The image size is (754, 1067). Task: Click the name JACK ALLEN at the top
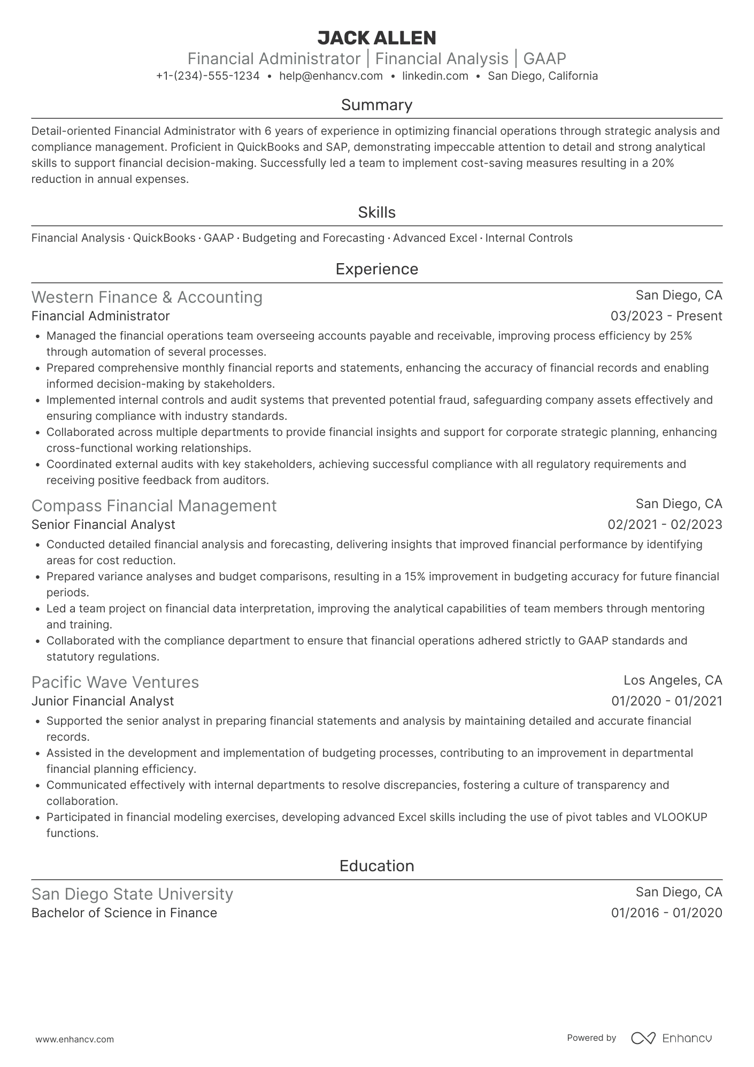[x=376, y=37]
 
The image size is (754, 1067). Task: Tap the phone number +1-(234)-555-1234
[x=207, y=76]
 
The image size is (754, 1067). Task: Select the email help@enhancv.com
[x=331, y=76]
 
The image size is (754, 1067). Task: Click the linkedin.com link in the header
[x=435, y=76]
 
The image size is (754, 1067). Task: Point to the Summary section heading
[x=376, y=105]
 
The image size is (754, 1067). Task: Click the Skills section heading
[x=376, y=212]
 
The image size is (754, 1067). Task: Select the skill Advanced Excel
[x=435, y=238]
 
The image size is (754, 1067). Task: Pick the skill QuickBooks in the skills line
[x=164, y=238]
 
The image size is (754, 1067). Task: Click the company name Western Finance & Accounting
[x=147, y=297]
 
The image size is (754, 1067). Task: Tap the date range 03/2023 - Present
[x=666, y=316]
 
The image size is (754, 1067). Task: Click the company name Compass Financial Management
[x=154, y=505]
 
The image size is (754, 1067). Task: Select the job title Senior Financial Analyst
[x=103, y=525]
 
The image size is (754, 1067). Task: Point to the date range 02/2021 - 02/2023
[x=665, y=525]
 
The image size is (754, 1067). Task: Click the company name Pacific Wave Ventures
[x=115, y=682]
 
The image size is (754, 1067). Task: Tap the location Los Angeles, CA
[x=673, y=680]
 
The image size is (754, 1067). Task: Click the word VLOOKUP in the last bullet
[x=680, y=817]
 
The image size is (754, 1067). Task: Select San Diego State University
[x=132, y=894]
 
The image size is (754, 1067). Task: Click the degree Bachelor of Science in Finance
[x=124, y=913]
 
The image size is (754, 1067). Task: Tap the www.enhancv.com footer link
[x=75, y=1040]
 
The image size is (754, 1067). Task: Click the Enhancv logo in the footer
[x=672, y=1038]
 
